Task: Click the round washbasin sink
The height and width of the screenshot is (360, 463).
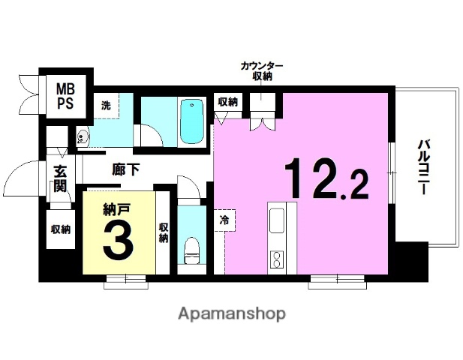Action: (82, 136)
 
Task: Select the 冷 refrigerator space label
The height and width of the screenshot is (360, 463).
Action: (224, 220)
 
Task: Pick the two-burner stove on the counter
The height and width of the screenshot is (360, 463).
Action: (276, 259)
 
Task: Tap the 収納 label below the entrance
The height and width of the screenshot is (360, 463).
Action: (61, 229)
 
